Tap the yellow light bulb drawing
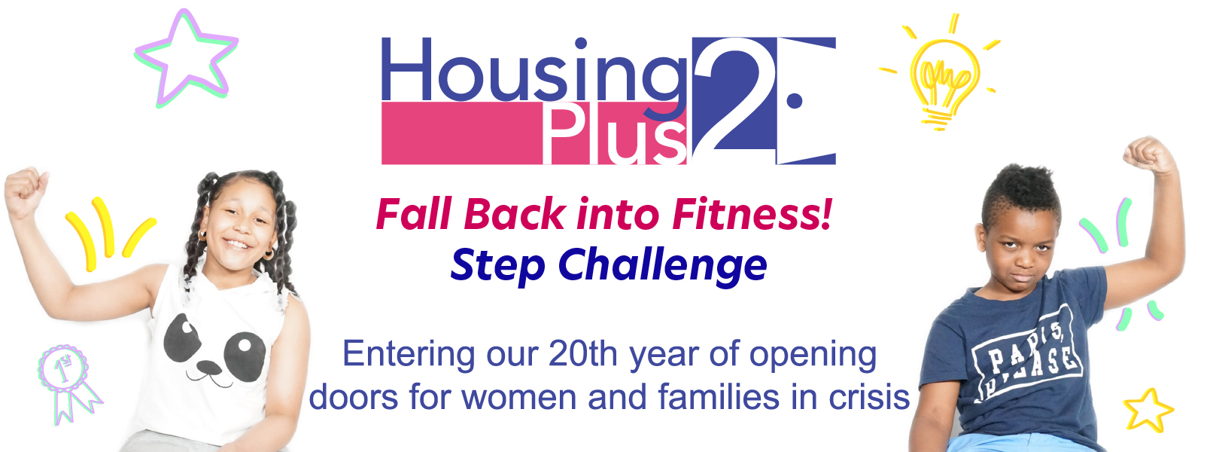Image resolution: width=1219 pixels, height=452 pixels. click(x=944, y=76)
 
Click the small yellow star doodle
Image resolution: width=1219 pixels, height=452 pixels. click(x=1148, y=411)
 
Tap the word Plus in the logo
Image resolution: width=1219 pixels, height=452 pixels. click(x=615, y=133)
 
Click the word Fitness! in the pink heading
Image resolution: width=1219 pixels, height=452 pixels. click(x=752, y=214)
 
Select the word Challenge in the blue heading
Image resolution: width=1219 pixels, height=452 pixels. click(x=662, y=266)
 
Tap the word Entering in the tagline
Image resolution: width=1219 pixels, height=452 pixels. click(x=409, y=355)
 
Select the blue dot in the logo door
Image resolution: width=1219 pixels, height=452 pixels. click(x=795, y=101)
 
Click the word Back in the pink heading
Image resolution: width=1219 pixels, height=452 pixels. click(x=514, y=214)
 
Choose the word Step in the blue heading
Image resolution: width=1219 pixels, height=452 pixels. click(x=497, y=267)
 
